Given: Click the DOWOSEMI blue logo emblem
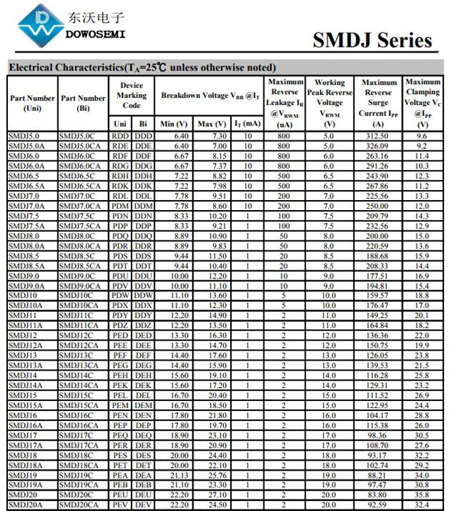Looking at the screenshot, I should pos(39,24).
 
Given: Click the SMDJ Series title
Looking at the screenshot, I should pos(372,40).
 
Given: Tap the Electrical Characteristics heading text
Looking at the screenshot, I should pos(141,67).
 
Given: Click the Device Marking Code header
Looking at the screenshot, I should pos(132,95).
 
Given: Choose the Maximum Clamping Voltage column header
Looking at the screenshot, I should pos(422,102).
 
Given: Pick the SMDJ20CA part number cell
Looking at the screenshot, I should pos(79,505).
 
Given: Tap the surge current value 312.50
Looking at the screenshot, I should pos(378,135).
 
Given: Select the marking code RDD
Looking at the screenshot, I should pos(120,135).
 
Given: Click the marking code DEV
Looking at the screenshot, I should pos(144,505).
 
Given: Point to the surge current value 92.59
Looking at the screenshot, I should pos(378,505).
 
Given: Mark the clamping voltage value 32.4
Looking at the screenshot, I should pos(422,505).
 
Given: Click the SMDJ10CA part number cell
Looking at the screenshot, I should pos(79,305).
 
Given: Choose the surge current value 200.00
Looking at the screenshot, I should pos(378,235).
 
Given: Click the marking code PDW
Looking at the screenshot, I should pos(120,295).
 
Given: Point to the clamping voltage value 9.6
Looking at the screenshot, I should pos(422,135).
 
